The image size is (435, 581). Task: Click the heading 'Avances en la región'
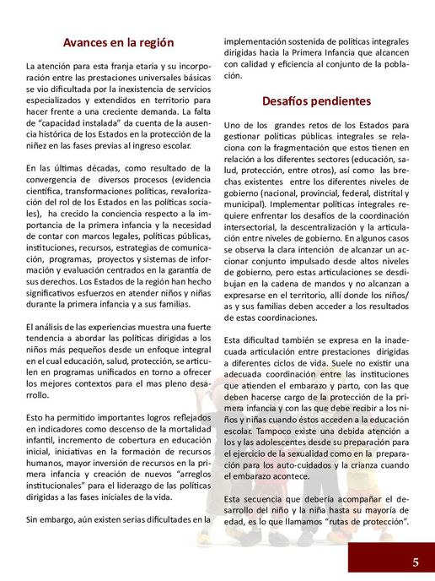[x=118, y=42]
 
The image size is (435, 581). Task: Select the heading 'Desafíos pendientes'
[x=316, y=101]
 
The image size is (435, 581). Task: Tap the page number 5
[x=416, y=562]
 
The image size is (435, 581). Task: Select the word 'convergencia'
[x=54, y=179]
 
